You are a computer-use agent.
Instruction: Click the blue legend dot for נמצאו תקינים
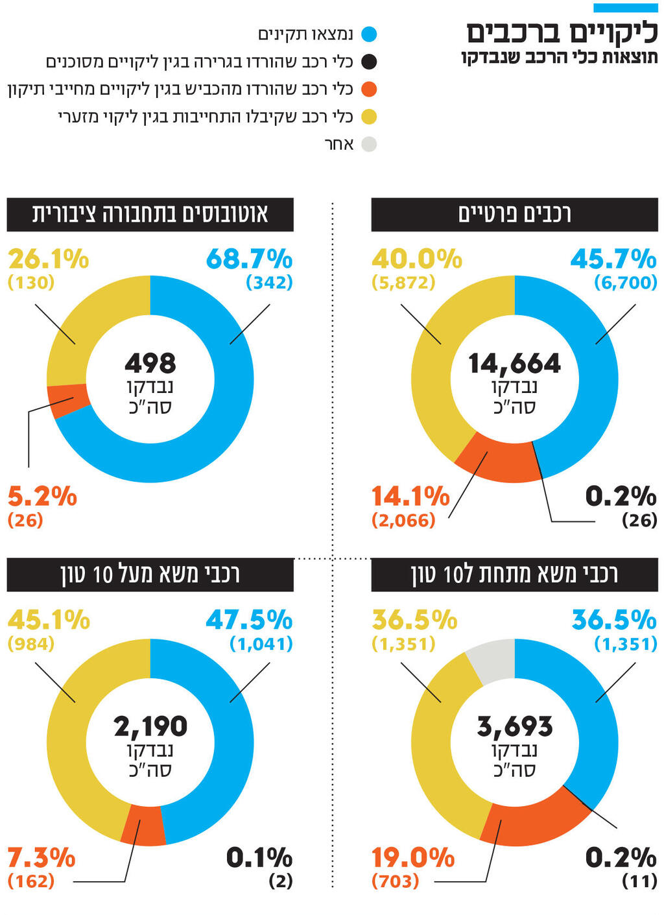[368, 34]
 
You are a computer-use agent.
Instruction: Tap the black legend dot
[368, 62]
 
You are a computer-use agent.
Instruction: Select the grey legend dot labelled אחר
[368, 144]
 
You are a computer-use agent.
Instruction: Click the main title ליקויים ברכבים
[562, 32]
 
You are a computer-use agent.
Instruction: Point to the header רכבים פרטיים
[515, 214]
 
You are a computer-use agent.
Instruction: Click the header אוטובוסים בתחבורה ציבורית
[150, 214]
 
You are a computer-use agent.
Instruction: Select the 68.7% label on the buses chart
[249, 259]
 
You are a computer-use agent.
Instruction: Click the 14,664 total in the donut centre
[515, 363]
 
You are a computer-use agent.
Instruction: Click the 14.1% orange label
[410, 497]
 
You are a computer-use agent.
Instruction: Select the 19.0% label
[413, 858]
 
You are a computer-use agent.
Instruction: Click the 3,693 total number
[515, 726]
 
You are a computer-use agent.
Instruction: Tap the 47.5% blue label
[249, 621]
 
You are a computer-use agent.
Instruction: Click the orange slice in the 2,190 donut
[144, 824]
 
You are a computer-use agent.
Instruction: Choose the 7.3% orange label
[41, 858]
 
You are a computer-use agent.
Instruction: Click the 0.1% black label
[259, 858]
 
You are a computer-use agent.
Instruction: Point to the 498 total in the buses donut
[150, 363]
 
